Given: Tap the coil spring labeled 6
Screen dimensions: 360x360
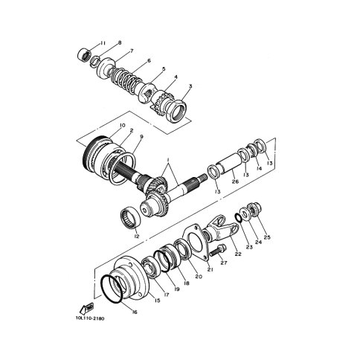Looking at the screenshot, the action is click(123, 80).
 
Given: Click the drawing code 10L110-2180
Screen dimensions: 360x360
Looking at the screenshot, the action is click(90, 318).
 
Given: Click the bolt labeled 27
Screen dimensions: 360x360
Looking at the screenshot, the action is click(218, 251).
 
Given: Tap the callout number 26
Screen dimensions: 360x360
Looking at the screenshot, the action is click(235, 181).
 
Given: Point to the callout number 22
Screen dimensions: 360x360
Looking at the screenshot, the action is click(238, 254).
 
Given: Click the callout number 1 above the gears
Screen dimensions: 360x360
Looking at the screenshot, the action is click(168, 161).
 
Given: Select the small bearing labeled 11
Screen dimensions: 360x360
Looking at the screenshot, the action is click(84, 55).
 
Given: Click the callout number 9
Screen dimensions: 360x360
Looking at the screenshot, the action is click(141, 137).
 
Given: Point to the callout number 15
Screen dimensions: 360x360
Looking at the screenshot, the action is click(157, 300).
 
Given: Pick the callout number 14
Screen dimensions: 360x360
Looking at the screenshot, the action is click(260, 168).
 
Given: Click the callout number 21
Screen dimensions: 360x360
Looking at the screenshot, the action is click(210, 269).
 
